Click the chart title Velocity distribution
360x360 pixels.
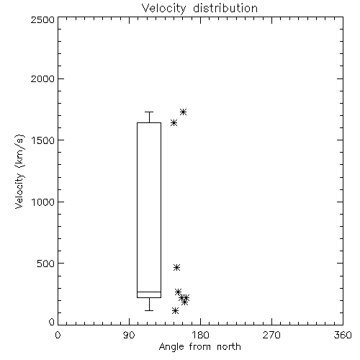click(199, 9)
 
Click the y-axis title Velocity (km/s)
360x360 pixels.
click(19, 171)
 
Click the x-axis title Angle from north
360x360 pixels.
click(199, 347)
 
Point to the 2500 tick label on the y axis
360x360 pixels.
click(42, 19)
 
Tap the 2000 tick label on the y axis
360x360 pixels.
click(42, 78)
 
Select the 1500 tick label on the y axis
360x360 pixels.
click(43, 140)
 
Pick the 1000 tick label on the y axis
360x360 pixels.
click(43, 202)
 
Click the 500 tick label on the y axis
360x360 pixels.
click(46, 264)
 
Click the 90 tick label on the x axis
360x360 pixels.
click(129, 335)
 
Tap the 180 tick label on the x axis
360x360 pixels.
click(200, 335)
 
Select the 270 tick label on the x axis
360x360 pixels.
click(271, 335)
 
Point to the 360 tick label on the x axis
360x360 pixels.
click(343, 335)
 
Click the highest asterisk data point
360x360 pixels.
click(184, 112)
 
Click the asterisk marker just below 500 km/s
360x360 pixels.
click(176, 267)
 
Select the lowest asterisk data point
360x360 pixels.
click(175, 311)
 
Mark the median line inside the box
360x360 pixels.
click(149, 292)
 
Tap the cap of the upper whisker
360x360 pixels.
click(149, 112)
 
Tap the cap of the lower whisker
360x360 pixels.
click(149, 310)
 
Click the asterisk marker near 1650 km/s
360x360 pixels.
click(174, 123)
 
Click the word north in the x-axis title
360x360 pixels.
click(229, 347)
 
